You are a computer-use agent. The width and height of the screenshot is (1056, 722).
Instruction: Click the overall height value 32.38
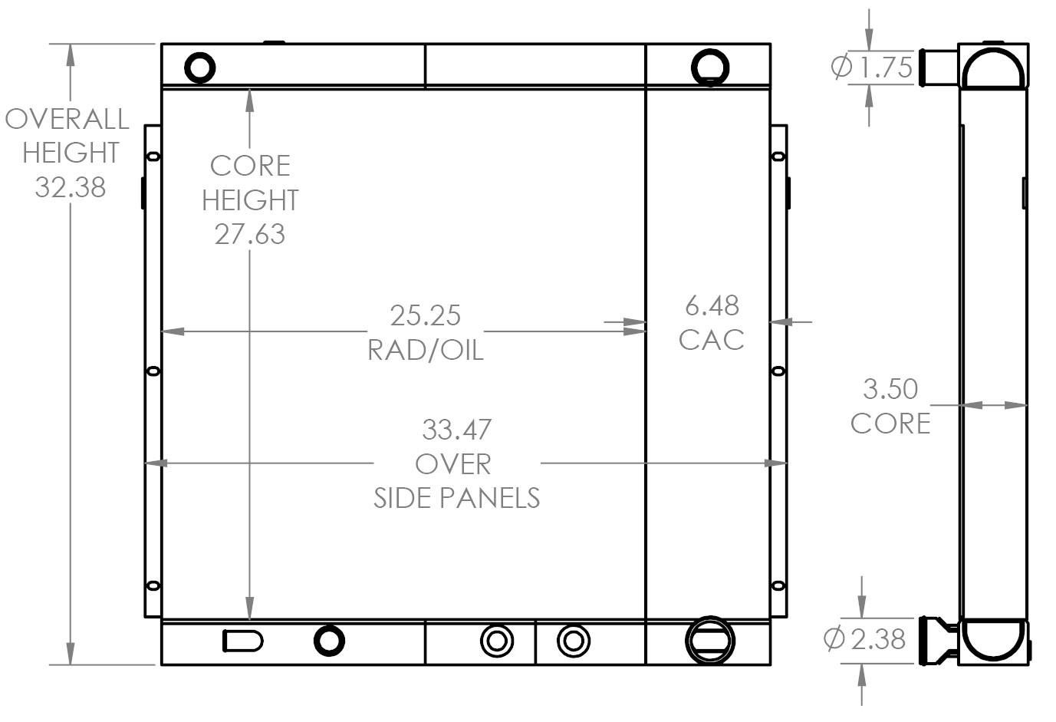coord(70,186)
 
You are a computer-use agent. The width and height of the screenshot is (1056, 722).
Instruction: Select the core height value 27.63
coord(249,234)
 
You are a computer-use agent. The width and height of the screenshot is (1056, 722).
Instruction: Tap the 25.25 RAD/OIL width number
coord(425,315)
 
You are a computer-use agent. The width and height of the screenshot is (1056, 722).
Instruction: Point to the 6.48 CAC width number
coord(712,306)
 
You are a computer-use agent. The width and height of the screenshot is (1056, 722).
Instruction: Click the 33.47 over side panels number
coord(456,430)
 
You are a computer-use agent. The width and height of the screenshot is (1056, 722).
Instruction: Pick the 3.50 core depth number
coord(890,389)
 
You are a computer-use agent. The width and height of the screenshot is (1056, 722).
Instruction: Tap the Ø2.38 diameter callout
coord(864,638)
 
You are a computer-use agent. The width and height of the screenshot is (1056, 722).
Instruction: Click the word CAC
coord(712,340)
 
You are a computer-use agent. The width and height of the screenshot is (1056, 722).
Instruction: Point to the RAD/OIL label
coord(425,350)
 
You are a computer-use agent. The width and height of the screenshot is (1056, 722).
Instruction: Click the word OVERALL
coord(67,119)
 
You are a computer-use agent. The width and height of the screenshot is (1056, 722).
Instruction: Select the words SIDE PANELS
coord(456,498)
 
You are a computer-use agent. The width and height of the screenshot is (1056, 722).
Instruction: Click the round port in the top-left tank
coord(200,68)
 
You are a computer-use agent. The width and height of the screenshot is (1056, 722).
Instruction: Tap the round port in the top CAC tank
coord(710,66)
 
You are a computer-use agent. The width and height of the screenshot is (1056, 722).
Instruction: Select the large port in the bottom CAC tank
coord(709,639)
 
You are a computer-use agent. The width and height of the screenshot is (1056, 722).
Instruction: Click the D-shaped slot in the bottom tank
coord(242,640)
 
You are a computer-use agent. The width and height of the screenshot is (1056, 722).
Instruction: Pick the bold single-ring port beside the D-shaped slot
coord(329,640)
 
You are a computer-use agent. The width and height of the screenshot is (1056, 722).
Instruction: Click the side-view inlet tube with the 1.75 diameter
coord(939,68)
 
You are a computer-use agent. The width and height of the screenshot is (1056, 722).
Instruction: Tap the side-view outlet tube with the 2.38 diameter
coord(937,639)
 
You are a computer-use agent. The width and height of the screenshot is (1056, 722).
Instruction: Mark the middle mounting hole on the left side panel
coord(153,371)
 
